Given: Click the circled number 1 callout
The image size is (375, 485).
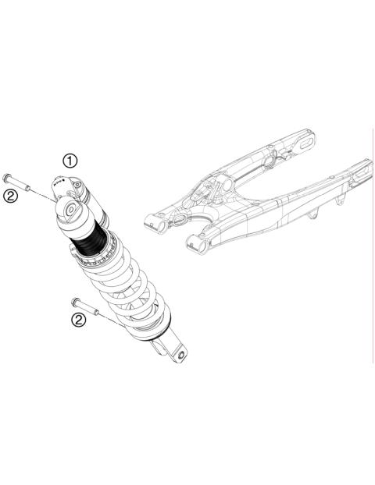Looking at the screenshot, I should click(x=71, y=161).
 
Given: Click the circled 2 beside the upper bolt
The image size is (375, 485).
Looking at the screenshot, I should click(x=10, y=196).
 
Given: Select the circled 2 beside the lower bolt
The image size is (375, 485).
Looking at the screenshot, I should click(x=77, y=320).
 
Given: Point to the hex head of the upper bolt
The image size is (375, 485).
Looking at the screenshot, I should click(x=8, y=176).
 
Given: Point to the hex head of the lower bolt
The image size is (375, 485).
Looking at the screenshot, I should click(x=73, y=302).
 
